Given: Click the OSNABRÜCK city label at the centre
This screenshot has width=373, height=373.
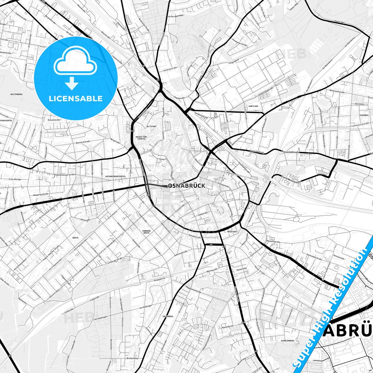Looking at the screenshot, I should point(187,186).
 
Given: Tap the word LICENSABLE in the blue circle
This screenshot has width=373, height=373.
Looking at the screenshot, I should point(76,98).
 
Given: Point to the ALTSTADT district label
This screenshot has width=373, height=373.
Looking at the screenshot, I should point(151,126).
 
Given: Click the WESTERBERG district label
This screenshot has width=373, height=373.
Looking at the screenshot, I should point(16,94).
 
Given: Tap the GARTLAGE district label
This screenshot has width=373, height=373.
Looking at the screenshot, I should point(253,106).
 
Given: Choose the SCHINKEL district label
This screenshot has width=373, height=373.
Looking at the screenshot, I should point(364,115).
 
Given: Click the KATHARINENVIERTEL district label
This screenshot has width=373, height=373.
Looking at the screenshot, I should point(115,176).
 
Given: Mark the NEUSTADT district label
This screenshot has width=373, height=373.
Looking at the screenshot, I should point(232,232).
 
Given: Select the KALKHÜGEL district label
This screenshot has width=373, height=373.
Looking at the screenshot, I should point(168,316).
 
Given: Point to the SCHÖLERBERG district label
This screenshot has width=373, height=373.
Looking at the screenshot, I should point(288,340).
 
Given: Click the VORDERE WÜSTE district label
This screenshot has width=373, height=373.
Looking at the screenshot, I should point(146,232).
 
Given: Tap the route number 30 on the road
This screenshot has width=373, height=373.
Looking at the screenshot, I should point(10,356).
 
